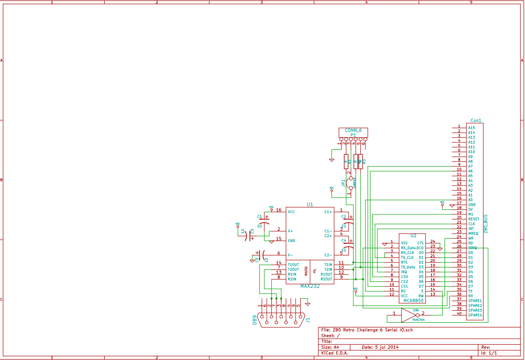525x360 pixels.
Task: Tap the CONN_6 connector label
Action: (x=353, y=130)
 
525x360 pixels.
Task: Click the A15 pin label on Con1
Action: (x=471, y=127)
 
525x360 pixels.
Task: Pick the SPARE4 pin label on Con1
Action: (x=475, y=315)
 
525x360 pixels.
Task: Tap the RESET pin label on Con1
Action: (x=473, y=219)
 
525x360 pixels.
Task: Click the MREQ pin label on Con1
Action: (x=473, y=233)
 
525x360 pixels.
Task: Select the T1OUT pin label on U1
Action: (x=293, y=265)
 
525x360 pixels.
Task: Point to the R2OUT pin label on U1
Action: (x=327, y=279)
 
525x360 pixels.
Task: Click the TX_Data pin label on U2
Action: (x=408, y=267)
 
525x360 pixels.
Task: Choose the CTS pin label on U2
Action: (x=420, y=243)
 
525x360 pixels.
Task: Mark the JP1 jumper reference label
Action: (x=343, y=183)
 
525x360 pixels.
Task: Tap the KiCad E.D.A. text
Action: (x=334, y=353)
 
